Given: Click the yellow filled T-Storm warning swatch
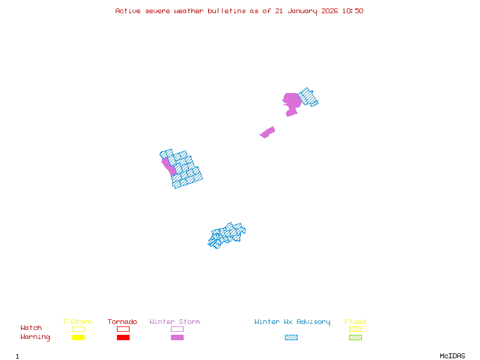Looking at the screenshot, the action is [78, 338].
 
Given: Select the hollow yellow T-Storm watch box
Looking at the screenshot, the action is [78, 329].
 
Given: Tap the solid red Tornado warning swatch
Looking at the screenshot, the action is [123, 338].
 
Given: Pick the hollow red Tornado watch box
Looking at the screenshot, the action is [123, 329].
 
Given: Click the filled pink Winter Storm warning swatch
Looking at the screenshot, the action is [177, 338].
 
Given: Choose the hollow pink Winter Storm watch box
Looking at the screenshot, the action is [177, 329].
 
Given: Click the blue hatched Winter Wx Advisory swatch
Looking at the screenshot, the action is [291, 338].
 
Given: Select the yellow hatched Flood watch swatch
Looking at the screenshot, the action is [355, 329].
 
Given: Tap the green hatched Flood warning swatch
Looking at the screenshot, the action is [355, 338].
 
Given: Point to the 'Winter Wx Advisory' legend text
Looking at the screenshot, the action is [292, 322].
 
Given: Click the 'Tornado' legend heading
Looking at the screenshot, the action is [122, 322].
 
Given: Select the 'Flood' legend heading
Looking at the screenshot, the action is [355, 322].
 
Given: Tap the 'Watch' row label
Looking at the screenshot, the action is [31, 328].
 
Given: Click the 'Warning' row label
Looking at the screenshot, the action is [35, 337].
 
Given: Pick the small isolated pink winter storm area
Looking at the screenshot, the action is [268, 132].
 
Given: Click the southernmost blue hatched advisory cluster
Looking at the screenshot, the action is [227, 235].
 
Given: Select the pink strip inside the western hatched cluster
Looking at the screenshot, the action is [169, 166].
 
